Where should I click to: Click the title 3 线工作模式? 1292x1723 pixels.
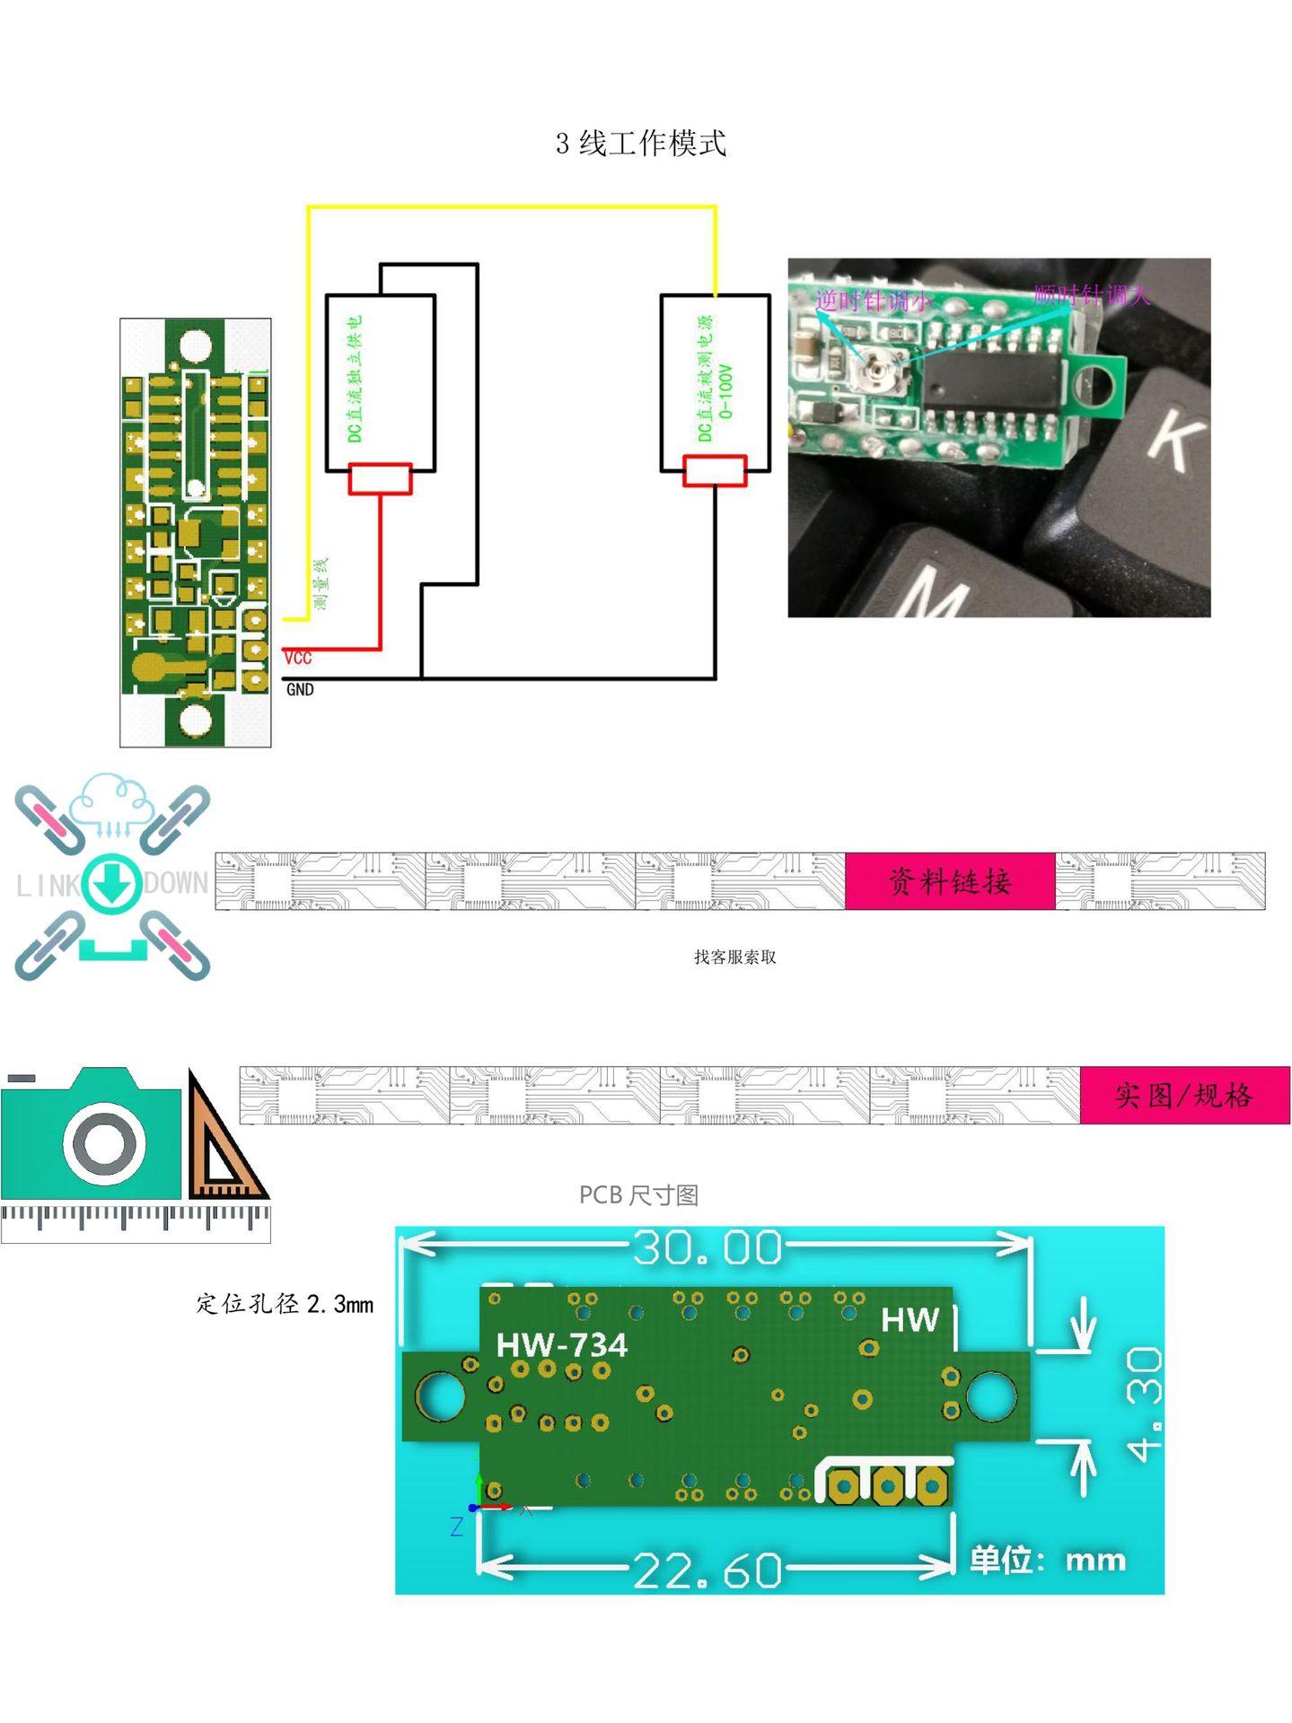click(640, 144)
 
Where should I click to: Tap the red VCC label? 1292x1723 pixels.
click(298, 658)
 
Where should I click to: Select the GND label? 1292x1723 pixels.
click(300, 689)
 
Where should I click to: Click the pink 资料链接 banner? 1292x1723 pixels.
click(950, 881)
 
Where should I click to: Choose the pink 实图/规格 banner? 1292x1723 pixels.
click(1183, 1095)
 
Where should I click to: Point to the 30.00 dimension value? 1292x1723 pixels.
click(708, 1247)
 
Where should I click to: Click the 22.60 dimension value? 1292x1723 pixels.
click(708, 1570)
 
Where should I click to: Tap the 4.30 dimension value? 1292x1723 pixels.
click(1144, 1404)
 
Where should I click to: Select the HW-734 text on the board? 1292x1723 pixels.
click(562, 1344)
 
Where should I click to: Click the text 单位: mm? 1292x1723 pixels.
click(1048, 1561)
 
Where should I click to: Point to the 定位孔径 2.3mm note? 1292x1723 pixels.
click(285, 1304)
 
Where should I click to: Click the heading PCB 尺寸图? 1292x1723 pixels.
click(638, 1195)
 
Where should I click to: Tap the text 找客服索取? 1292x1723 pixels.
click(734, 958)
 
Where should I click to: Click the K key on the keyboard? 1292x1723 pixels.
click(1173, 437)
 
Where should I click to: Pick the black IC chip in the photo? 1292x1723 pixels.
click(992, 380)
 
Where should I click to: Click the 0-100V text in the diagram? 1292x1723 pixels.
click(726, 391)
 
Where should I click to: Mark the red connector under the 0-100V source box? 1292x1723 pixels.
click(715, 470)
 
